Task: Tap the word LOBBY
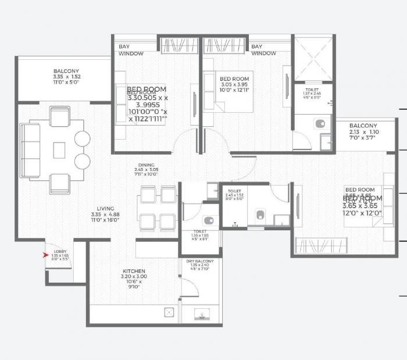click(59, 251)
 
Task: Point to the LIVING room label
click(105, 208)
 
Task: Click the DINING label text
click(146, 165)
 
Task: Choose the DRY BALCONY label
click(200, 261)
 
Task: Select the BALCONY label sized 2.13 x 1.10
click(363, 126)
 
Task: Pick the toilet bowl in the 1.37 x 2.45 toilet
click(319, 124)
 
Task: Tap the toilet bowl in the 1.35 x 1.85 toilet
click(209, 220)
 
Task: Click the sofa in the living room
click(28, 150)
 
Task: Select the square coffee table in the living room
click(59, 150)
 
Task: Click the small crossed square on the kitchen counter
click(169, 312)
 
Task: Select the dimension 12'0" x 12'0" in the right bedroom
click(362, 213)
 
